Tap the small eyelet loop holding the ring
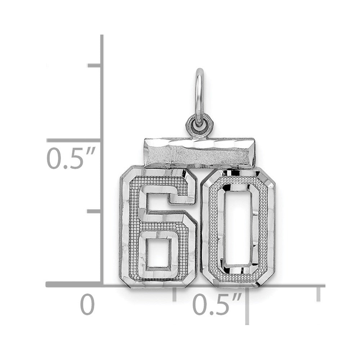pyautogui.click(x=199, y=125)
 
